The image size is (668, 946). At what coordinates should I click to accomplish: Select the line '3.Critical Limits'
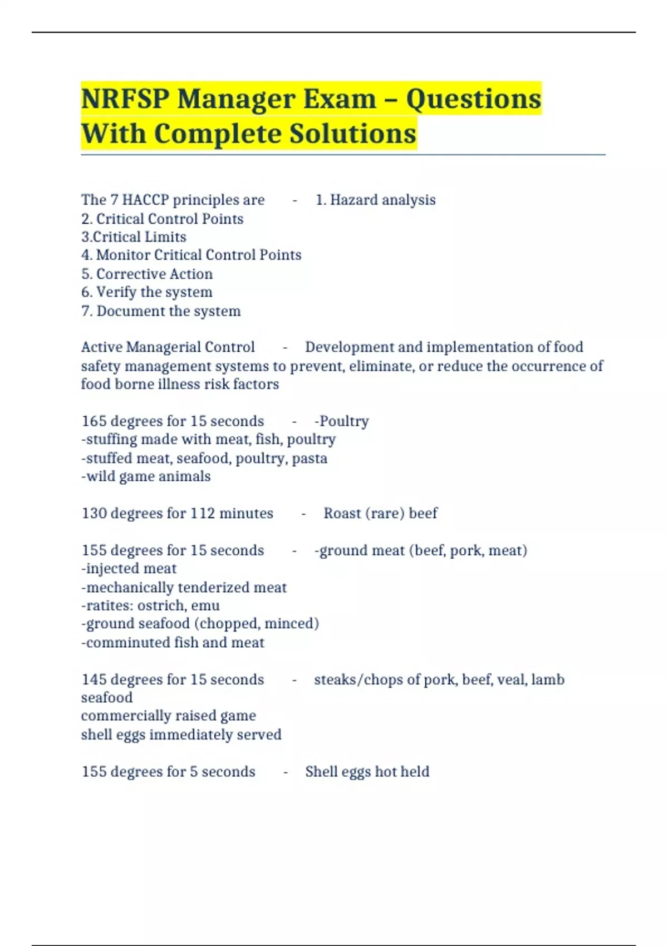click(x=134, y=237)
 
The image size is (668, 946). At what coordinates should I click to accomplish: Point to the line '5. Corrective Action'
click(x=147, y=274)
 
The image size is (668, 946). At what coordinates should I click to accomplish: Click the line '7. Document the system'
click(x=161, y=311)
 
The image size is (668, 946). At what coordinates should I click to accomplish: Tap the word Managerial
click(x=163, y=347)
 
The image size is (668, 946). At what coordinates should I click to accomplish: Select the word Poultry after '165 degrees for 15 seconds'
click(x=343, y=421)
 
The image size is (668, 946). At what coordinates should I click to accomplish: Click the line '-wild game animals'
click(x=146, y=476)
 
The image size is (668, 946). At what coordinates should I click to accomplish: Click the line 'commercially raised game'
click(x=168, y=716)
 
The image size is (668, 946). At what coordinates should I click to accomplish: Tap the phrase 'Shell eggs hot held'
click(x=367, y=772)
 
